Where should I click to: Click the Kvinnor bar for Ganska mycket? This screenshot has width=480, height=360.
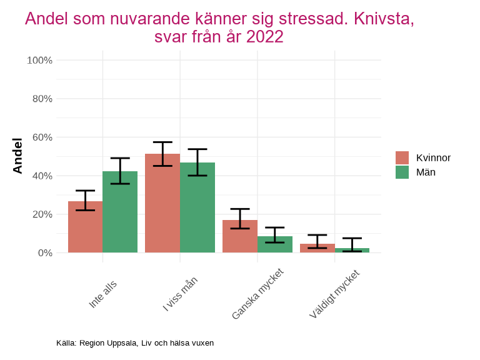[x=240, y=237]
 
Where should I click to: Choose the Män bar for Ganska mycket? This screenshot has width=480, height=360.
[x=275, y=245]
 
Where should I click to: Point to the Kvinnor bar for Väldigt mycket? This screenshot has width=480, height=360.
[x=317, y=249]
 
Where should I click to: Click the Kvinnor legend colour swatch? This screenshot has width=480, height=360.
[x=402, y=157]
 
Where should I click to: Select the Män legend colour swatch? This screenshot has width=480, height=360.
[x=402, y=172]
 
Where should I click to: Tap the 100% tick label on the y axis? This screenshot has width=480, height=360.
[x=39, y=61]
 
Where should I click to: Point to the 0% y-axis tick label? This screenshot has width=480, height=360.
[x=44, y=253]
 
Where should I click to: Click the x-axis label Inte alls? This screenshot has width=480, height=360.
[x=103, y=293]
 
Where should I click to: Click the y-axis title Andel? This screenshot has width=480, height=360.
[x=17, y=156]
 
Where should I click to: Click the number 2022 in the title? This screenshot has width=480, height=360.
[x=265, y=37]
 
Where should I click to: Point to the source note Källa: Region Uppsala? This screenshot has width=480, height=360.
[x=135, y=342]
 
